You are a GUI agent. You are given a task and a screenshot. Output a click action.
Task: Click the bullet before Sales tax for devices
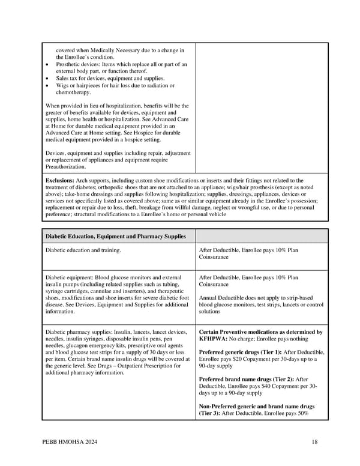coord(47,79)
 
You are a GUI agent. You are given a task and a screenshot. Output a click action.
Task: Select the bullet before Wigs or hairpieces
coord(47,86)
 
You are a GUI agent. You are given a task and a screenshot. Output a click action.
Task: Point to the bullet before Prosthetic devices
coord(47,64)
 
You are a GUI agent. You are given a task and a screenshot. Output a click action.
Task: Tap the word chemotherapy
coord(73,92)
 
